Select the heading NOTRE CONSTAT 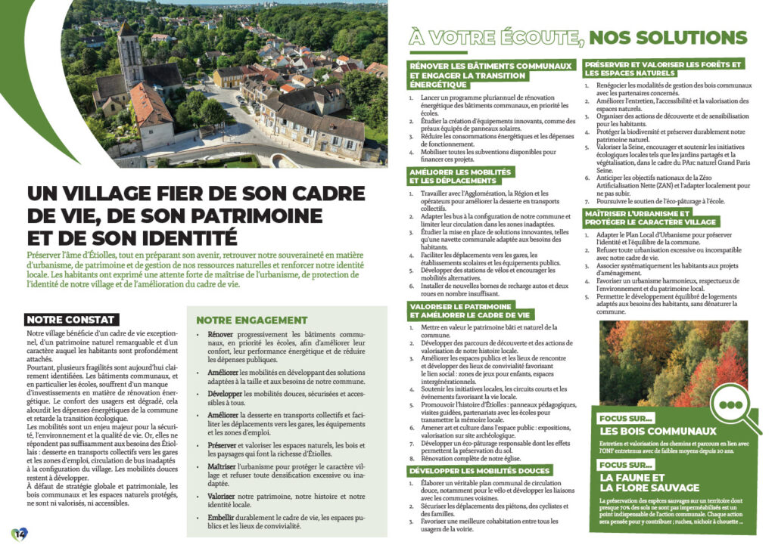click(x=70, y=320)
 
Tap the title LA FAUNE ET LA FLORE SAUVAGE click(x=649, y=482)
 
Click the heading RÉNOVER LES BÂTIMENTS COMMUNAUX click(x=490, y=67)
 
